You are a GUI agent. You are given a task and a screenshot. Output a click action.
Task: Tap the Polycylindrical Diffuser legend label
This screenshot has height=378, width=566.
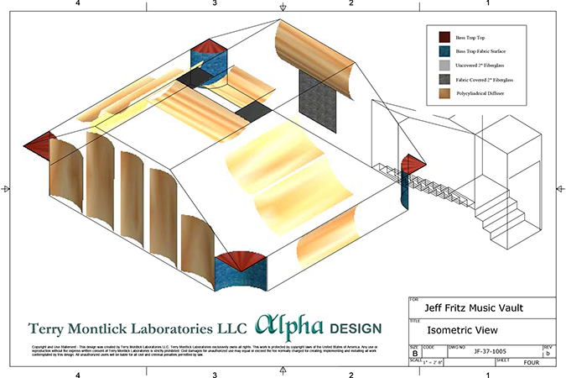[x=484, y=92]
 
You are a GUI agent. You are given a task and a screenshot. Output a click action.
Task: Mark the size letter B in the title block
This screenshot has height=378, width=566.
[x=414, y=353]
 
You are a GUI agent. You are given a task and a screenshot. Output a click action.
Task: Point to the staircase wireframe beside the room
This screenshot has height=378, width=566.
[x=495, y=205]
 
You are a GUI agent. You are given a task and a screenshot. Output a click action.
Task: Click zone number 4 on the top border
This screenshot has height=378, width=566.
[x=77, y=4]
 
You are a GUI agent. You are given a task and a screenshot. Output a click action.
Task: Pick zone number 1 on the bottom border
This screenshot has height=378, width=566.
[x=488, y=374]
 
